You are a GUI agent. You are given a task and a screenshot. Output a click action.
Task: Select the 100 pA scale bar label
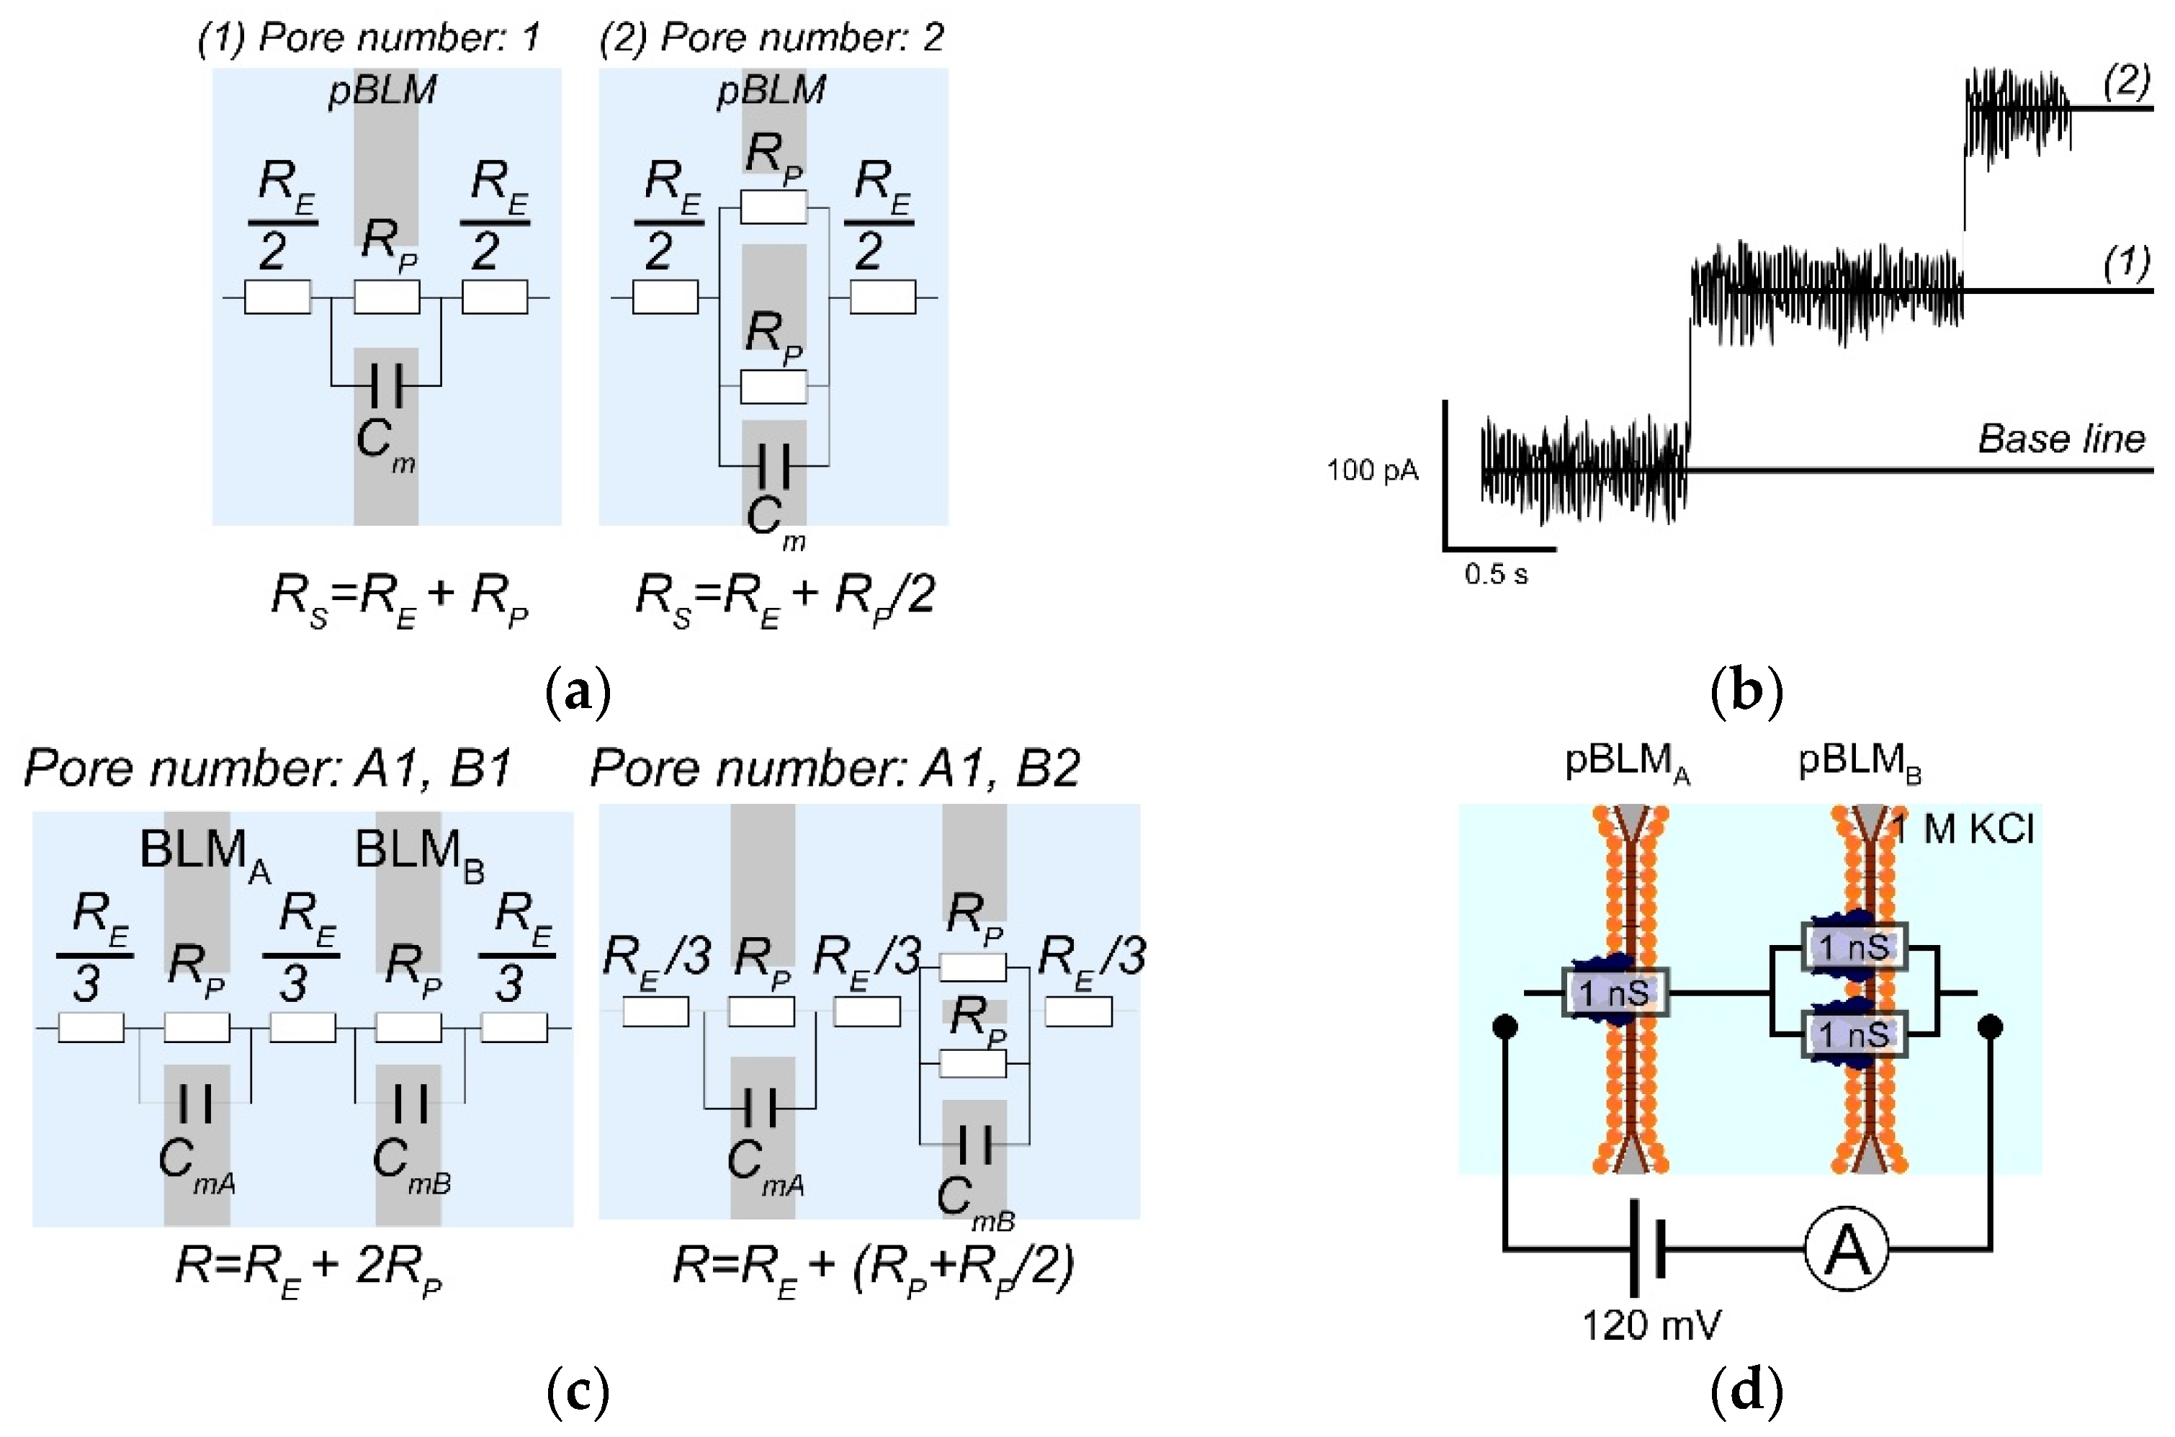(1373, 470)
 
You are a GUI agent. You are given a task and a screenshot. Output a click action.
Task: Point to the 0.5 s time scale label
(1495, 575)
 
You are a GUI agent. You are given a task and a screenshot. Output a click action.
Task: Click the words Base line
(2061, 438)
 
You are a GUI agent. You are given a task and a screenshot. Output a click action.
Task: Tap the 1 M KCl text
(1962, 828)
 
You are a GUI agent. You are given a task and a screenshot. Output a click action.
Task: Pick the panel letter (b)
(1746, 690)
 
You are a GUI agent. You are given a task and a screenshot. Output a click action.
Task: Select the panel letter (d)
(1746, 1391)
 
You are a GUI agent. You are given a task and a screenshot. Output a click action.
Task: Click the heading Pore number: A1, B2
(835, 767)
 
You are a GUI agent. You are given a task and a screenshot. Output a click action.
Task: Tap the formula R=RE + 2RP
(309, 1269)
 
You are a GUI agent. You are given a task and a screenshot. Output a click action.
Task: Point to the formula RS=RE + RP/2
(785, 598)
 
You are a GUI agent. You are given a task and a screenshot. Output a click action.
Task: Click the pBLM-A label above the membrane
(1626, 764)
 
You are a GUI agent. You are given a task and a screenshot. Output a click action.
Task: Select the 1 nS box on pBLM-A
(1615, 992)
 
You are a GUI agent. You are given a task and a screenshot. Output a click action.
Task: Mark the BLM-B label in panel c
(420, 854)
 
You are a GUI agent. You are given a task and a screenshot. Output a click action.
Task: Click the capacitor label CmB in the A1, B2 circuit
(975, 1201)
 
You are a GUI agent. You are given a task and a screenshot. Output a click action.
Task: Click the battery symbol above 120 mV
(1646, 1248)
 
